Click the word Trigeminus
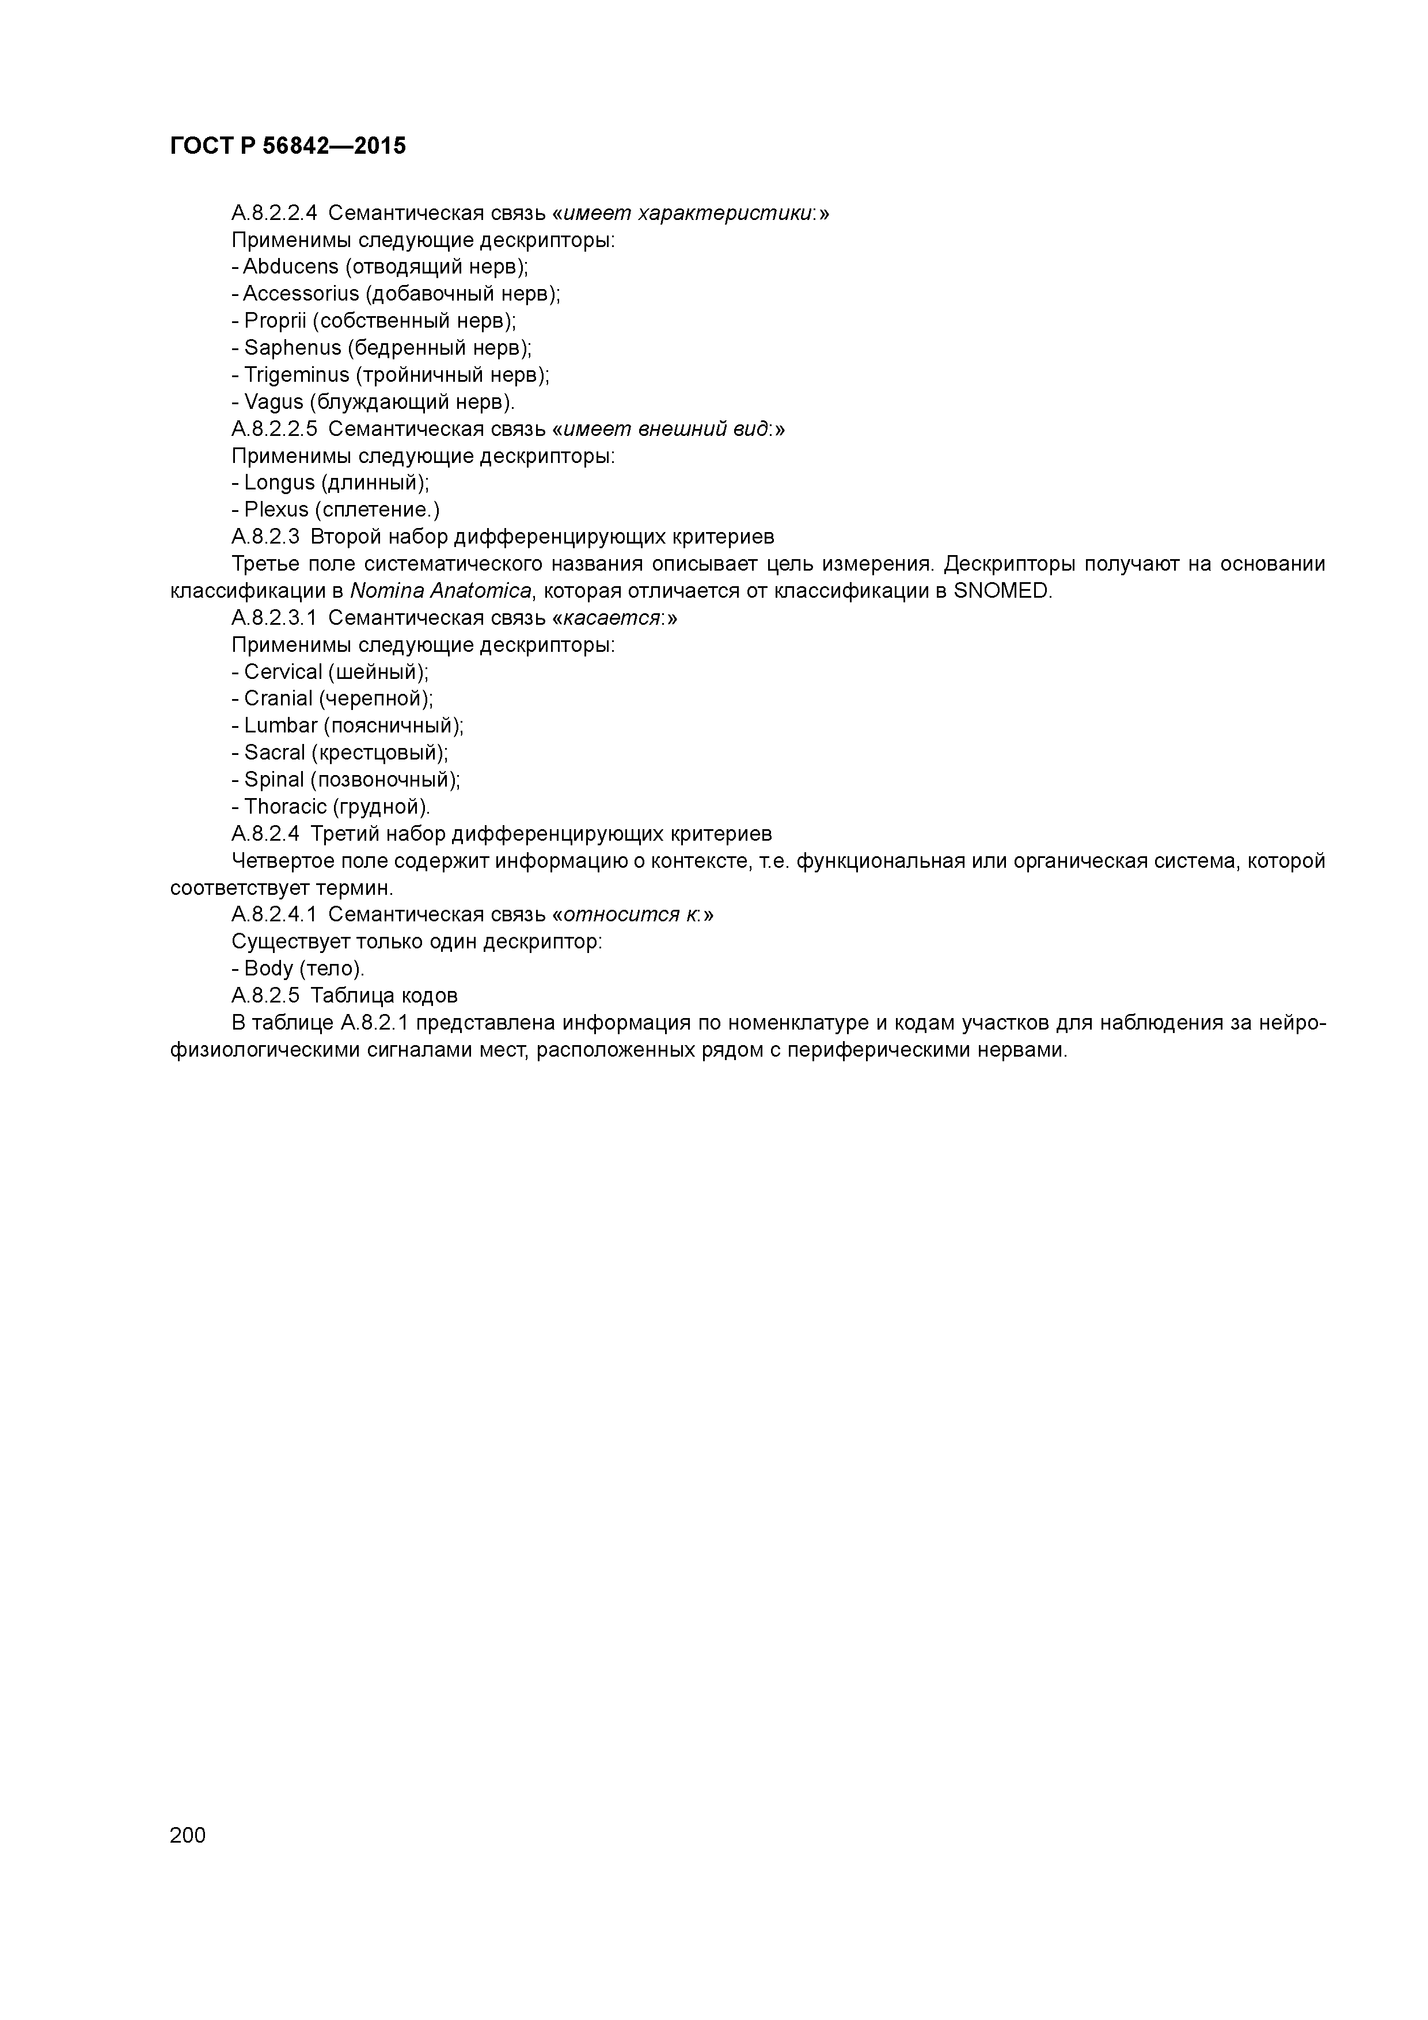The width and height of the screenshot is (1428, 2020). (x=297, y=375)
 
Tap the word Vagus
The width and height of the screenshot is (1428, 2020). (x=274, y=402)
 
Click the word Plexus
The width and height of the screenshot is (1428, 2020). (x=276, y=510)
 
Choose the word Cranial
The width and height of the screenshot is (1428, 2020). (x=278, y=698)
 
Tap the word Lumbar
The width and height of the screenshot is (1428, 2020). (x=280, y=726)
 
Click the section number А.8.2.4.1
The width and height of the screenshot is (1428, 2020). (x=274, y=915)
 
